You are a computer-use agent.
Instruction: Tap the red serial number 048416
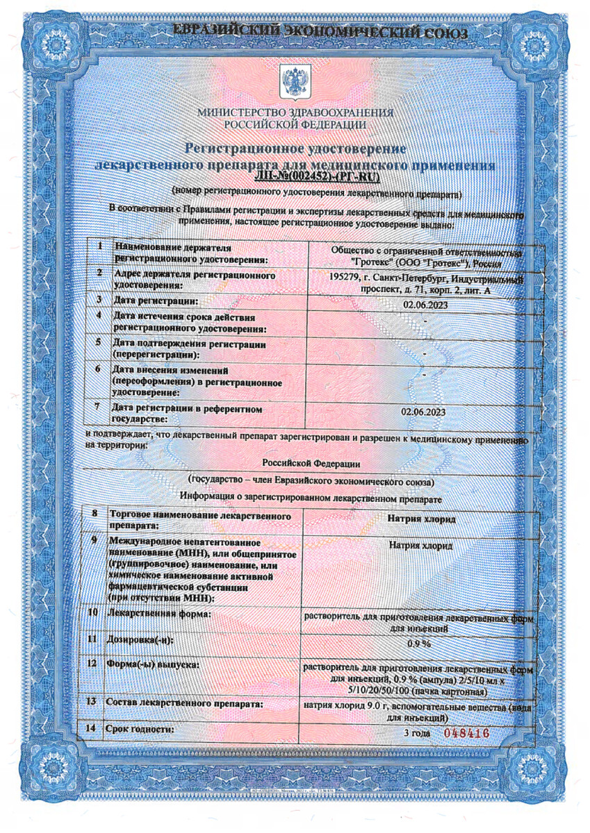tap(466, 733)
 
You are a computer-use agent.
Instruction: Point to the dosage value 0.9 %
tap(420, 643)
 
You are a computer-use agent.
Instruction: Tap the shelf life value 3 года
tap(418, 733)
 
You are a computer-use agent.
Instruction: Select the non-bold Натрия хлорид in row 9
tap(420, 546)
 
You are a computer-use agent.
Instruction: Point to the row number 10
tap(92, 613)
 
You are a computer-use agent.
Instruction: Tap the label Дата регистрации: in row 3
tap(156, 301)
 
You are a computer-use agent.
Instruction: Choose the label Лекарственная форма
tap(158, 614)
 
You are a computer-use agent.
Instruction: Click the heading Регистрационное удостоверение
tap(295, 149)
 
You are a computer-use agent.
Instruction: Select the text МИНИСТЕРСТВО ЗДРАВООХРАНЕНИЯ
tap(295, 112)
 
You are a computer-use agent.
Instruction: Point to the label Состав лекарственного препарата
tap(183, 704)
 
